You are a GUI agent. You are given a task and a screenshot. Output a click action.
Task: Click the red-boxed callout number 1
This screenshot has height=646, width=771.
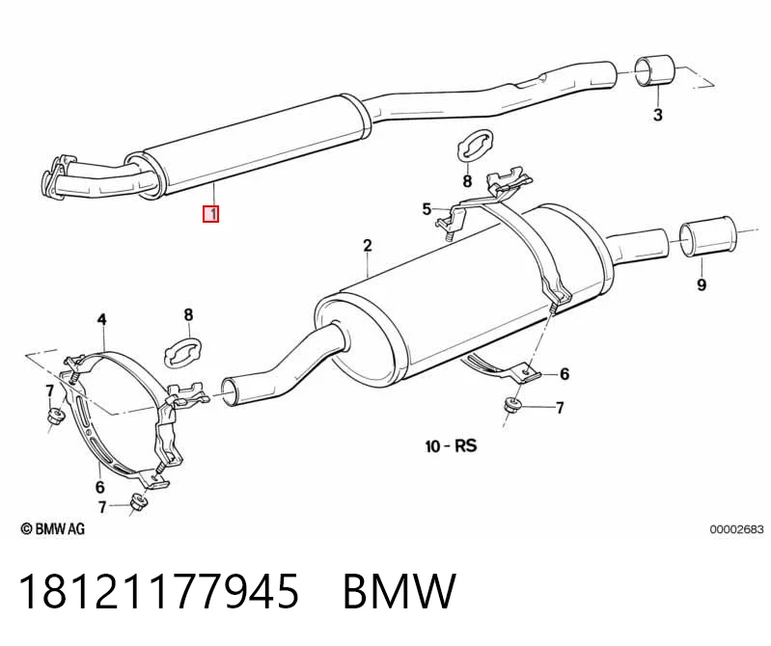coord(211,214)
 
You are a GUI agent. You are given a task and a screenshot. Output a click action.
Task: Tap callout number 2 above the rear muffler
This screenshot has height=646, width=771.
coord(368,245)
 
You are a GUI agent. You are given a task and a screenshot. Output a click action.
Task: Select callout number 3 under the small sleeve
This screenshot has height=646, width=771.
coord(658,115)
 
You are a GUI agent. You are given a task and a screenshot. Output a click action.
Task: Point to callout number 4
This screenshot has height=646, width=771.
coord(101,320)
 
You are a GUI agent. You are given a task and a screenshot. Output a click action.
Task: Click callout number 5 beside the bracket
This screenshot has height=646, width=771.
coord(427,209)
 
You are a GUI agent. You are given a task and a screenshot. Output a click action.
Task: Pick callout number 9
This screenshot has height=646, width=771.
coord(702,284)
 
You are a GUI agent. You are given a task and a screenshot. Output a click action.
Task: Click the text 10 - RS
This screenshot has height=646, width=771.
coord(451,446)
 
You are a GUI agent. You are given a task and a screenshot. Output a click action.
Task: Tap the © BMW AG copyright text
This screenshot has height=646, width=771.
coord(53,528)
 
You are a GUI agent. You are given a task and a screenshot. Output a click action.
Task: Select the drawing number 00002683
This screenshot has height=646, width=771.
coord(736,529)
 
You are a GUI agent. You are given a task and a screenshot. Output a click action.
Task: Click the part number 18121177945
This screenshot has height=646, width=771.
coord(159,590)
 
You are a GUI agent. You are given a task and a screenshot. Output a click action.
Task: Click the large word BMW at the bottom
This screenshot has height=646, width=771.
coord(399,590)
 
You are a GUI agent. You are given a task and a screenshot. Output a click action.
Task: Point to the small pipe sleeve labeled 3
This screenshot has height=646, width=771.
coord(654,70)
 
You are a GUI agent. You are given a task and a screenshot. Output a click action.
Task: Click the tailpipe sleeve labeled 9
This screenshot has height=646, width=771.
coord(708,236)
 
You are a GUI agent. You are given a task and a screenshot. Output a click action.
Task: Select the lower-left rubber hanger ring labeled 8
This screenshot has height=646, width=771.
coord(182,353)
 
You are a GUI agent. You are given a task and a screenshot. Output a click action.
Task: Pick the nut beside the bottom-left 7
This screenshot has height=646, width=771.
coord(137,503)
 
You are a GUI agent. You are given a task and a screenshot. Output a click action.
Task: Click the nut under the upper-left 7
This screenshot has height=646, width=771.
coord(55,417)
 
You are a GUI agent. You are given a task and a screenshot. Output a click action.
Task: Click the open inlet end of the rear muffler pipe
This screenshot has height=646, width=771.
coord(229,391)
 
